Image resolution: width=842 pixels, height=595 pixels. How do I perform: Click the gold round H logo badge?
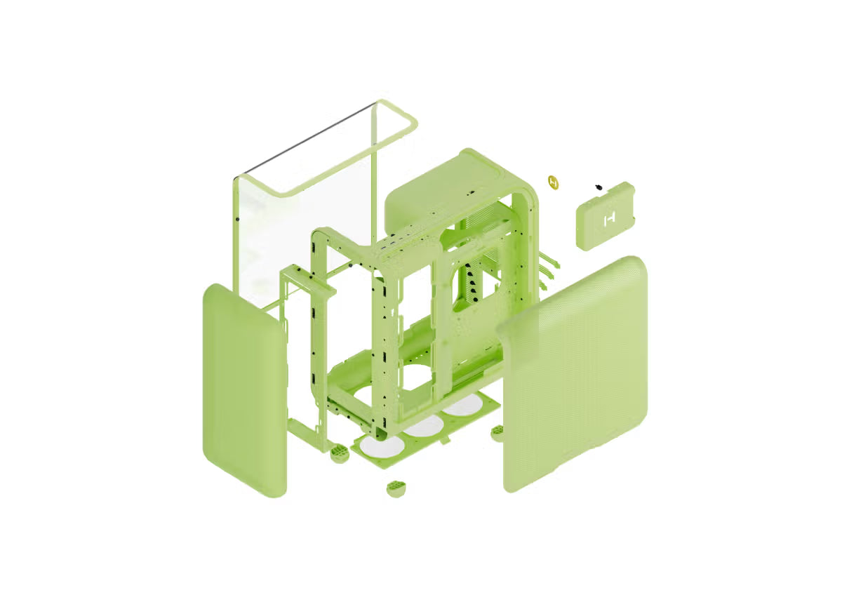[554, 182]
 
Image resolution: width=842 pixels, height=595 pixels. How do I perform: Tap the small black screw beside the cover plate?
[598, 187]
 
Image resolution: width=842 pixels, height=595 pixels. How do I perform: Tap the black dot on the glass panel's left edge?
[238, 219]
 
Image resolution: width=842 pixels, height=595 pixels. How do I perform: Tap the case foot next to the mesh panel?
[497, 431]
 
